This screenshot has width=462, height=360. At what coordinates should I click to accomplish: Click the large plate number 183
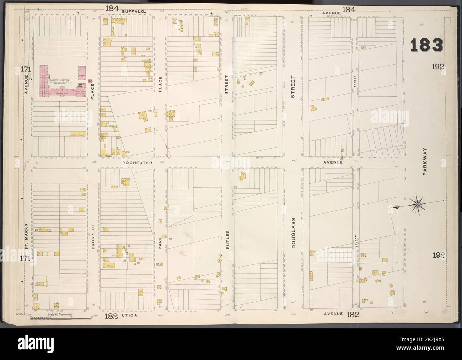pos(426,45)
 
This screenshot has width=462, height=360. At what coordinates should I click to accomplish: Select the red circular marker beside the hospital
pos(91,82)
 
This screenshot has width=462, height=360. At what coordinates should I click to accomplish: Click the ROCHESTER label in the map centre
pos(137,162)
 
